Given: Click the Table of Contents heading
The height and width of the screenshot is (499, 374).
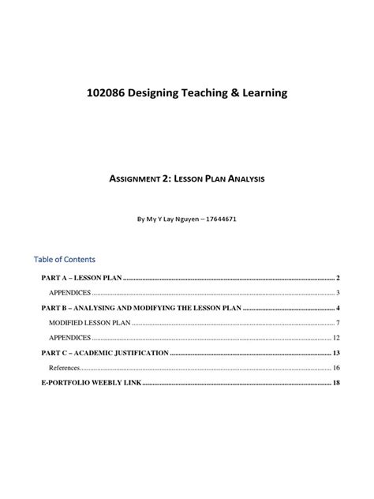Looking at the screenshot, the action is [x=64, y=258].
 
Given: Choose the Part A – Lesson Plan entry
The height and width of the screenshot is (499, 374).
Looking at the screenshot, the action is [x=77, y=278].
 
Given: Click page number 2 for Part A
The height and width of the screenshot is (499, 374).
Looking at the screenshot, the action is [x=337, y=278].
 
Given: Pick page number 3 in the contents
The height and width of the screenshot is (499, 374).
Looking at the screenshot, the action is [x=337, y=293].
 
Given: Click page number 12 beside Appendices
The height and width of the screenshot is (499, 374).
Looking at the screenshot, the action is [x=335, y=338].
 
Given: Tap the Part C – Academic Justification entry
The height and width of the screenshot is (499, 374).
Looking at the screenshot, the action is [x=104, y=353].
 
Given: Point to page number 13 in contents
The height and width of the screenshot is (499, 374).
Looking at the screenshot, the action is [x=335, y=353].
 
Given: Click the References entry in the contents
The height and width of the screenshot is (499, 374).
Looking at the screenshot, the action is [x=64, y=368].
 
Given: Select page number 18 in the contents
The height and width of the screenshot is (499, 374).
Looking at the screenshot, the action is [x=335, y=383].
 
